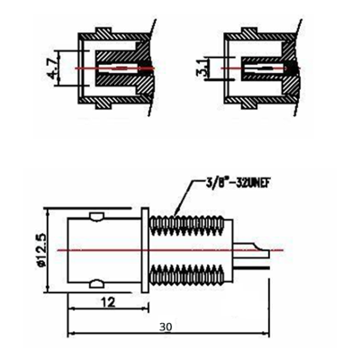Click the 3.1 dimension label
[203, 68]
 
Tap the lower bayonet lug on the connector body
[97, 284]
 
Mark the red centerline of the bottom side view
[112, 250]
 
